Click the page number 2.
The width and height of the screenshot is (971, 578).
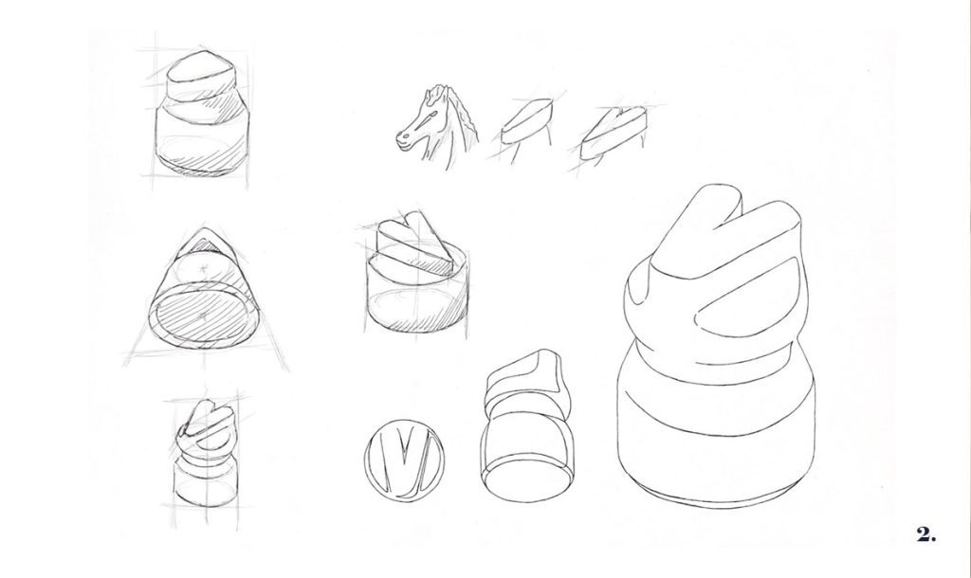pos(925,534)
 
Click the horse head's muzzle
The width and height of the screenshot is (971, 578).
pos(404,139)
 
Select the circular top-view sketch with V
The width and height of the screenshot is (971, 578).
pos(404,459)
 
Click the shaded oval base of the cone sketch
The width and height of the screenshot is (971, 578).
pos(202,314)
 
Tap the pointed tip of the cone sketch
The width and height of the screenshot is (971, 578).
pos(202,230)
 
